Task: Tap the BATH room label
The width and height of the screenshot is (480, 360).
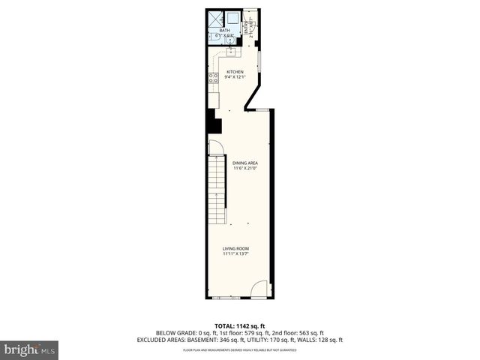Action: [x=224, y=31]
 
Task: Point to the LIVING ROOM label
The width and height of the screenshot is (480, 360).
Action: [x=235, y=248]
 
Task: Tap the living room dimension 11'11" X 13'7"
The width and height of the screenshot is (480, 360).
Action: [x=235, y=253]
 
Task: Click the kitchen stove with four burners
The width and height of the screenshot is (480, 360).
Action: [x=214, y=77]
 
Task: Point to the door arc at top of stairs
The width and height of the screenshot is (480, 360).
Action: [x=215, y=148]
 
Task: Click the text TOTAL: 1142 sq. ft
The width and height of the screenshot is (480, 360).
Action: [x=240, y=326]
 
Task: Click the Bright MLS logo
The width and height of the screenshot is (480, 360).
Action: [x=29, y=350]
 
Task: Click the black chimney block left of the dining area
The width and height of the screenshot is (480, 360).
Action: [x=214, y=121]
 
